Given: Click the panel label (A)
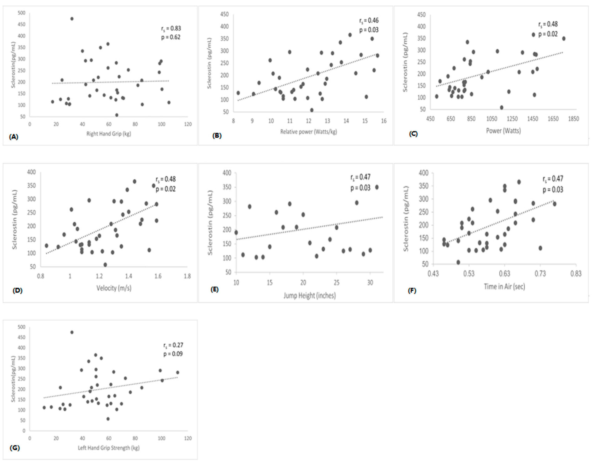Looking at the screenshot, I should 14,137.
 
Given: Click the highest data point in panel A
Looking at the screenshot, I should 72,19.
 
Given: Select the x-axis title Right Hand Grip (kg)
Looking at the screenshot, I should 108,134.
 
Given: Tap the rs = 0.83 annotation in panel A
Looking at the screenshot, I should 171,29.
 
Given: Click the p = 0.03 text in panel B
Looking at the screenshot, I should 369,30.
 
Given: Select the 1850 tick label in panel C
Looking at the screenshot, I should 573,119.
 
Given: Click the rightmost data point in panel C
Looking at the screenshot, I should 564,39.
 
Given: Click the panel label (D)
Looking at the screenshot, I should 17,290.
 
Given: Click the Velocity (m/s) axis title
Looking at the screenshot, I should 114,288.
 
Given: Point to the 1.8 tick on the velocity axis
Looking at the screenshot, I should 187,276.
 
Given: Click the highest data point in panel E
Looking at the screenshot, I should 377,187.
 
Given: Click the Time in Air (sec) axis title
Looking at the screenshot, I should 504,286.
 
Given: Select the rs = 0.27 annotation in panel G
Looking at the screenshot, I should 173,345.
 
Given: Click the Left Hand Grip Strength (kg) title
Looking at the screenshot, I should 108,448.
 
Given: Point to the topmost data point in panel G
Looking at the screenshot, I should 72,332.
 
